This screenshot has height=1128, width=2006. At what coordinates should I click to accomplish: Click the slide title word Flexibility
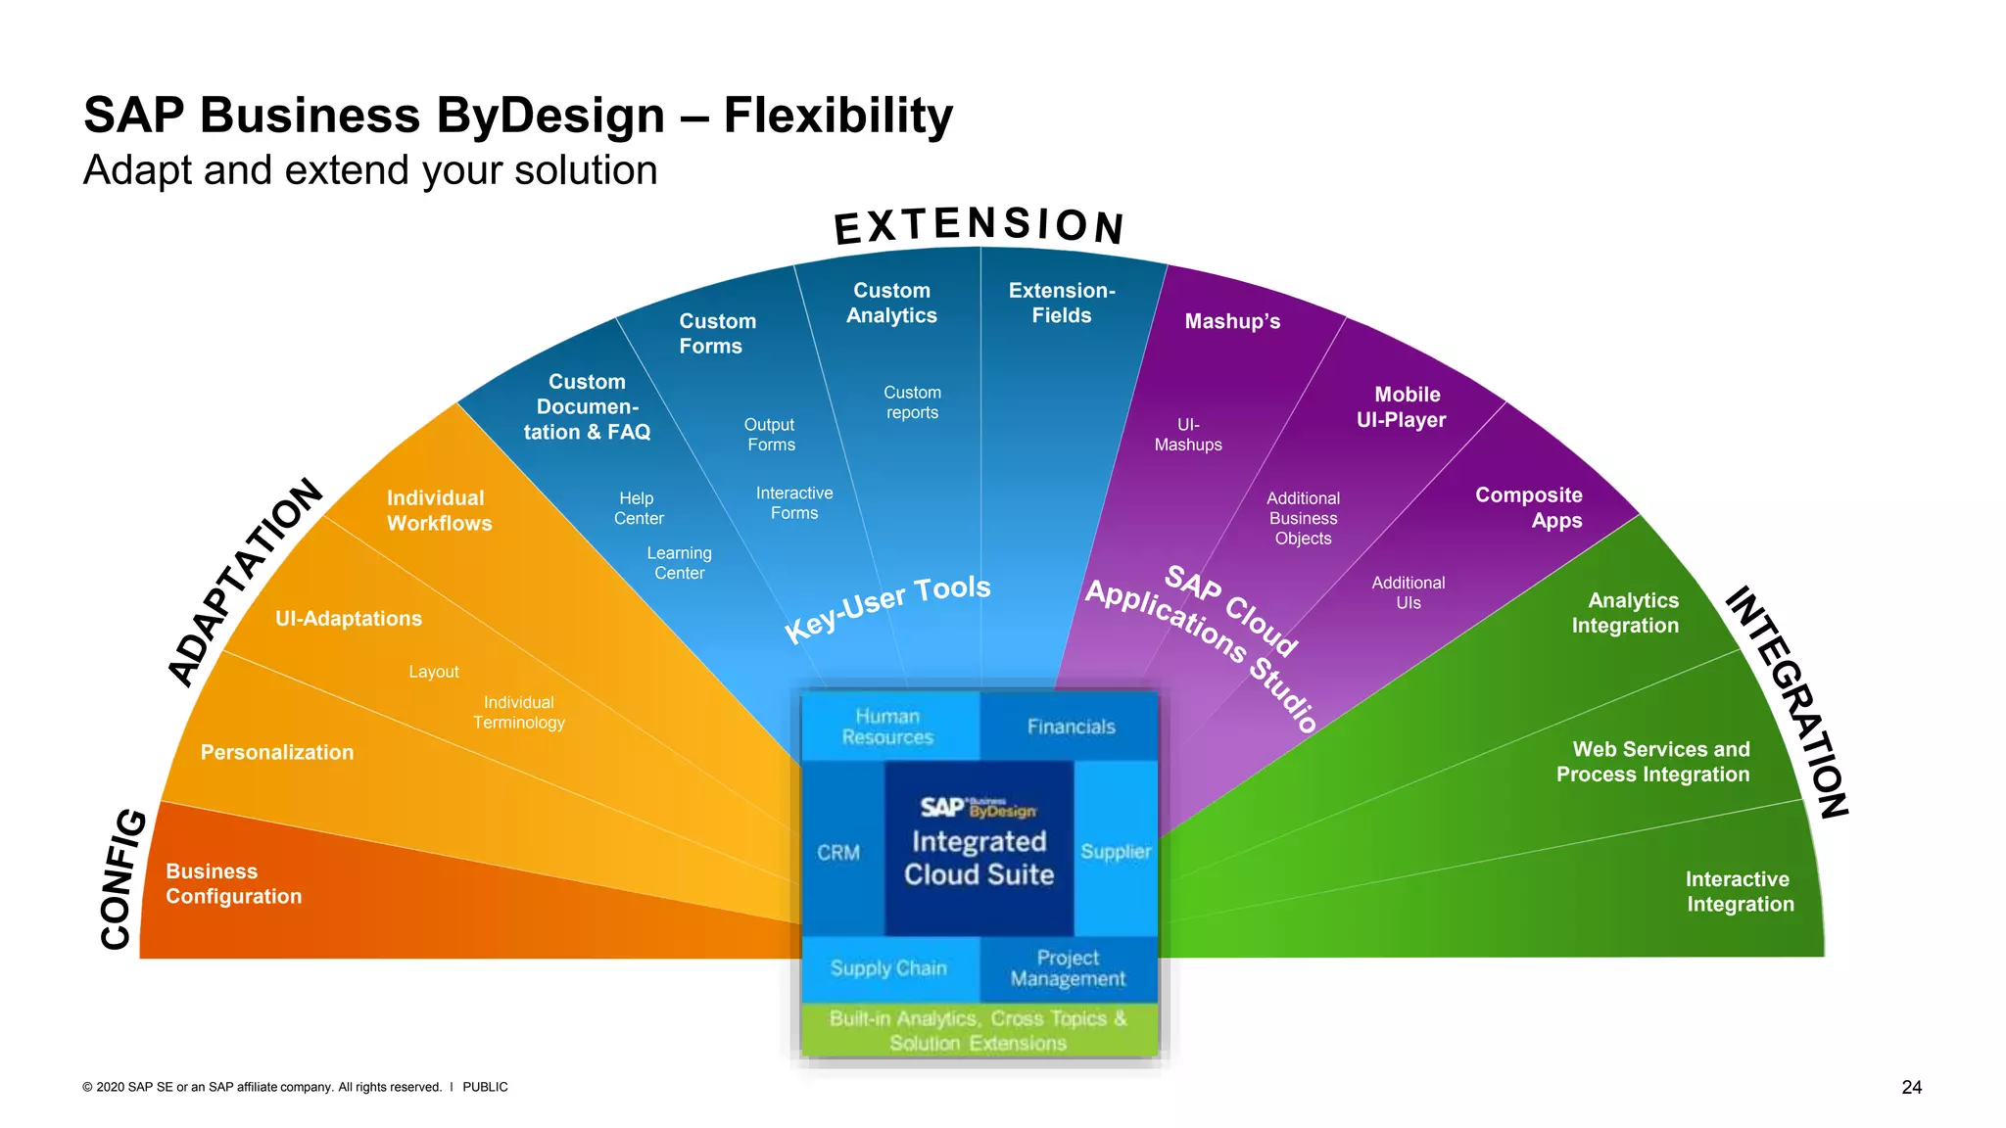pyautogui.click(x=837, y=116)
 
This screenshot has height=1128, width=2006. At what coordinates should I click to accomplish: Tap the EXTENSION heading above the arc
pyautogui.click(x=979, y=225)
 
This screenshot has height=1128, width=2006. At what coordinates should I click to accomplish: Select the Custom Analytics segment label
pyautogui.click(x=891, y=303)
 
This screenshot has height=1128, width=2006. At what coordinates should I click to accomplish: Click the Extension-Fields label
pyautogui.click(x=1062, y=303)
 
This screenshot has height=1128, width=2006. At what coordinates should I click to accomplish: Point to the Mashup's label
pyautogui.click(x=1232, y=321)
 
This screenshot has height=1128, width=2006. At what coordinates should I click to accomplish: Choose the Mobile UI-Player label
pyautogui.click(x=1403, y=407)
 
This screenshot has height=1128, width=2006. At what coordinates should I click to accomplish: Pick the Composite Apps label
pyautogui.click(x=1529, y=507)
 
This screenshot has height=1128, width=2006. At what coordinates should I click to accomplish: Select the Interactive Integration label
pyautogui.click(x=1740, y=891)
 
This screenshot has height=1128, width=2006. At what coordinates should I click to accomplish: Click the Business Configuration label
pyautogui.click(x=233, y=883)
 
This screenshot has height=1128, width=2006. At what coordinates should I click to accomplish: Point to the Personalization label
pyautogui.click(x=277, y=752)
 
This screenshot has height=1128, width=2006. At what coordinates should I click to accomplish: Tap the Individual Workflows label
pyautogui.click(x=439, y=510)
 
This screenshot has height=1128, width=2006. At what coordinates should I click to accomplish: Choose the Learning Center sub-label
pyautogui.click(x=680, y=563)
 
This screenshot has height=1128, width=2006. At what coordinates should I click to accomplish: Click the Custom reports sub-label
pyautogui.click(x=912, y=402)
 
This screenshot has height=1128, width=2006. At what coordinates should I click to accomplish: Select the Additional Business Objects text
pyautogui.click(x=1303, y=518)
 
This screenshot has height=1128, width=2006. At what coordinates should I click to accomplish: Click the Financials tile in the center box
pyautogui.click(x=1071, y=727)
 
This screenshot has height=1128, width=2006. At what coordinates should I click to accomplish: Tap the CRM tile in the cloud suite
pyautogui.click(x=838, y=852)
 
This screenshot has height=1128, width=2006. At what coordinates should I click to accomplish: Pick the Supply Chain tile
pyautogui.click(x=888, y=968)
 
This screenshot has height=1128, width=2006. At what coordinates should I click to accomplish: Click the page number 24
pyautogui.click(x=1911, y=1087)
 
